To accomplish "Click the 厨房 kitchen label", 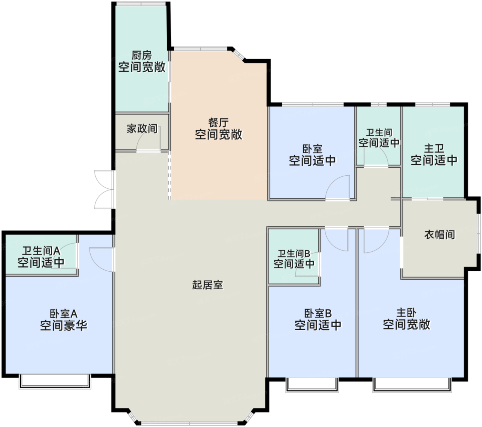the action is click(142, 55).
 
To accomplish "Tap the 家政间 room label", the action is click(142, 129).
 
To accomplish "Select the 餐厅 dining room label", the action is click(218, 123).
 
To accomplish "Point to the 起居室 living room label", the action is click(208, 285).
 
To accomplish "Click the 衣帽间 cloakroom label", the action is click(439, 235).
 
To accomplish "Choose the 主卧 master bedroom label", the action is click(406, 313).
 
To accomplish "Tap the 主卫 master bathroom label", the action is click(434, 148).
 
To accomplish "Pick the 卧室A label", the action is click(64, 314).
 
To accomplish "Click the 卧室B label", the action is click(318, 313).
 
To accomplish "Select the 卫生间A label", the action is click(41, 251).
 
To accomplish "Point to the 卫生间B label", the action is click(294, 253).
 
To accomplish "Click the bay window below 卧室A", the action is click(55, 382).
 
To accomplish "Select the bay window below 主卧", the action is click(412, 385).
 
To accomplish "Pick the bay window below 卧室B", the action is click(312, 385).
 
